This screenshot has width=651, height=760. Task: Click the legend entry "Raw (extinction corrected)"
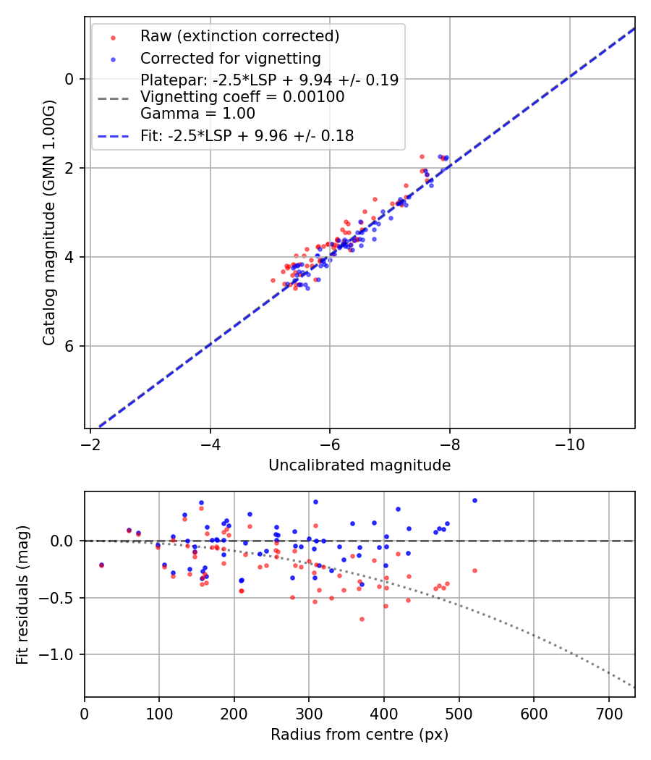239,36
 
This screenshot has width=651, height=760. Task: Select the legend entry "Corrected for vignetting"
230,58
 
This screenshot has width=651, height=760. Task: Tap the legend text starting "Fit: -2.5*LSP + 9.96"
247,135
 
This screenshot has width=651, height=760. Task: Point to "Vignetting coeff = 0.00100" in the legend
242,97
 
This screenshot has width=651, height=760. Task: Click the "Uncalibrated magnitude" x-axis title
359,465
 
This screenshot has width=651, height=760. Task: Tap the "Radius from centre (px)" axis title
359,735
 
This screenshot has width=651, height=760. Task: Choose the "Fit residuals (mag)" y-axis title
22,594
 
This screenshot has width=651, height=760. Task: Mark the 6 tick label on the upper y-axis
70,346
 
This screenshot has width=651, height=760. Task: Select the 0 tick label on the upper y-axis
70,79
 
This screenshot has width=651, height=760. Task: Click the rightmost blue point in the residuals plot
475,500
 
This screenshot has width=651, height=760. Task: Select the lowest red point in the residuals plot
362,619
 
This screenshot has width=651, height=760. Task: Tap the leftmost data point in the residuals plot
101,565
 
